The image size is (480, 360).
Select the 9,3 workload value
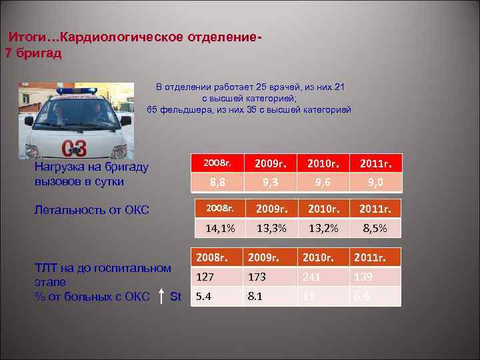click(271, 182)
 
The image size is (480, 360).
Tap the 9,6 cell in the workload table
click(323, 182)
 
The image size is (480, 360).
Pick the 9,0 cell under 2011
click(377, 182)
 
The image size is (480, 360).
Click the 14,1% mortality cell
click(219, 228)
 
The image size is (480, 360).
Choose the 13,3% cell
click(271, 228)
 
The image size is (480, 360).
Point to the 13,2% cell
click(323, 228)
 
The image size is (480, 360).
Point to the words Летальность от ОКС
click(91, 210)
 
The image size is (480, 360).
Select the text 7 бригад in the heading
click(33, 53)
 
